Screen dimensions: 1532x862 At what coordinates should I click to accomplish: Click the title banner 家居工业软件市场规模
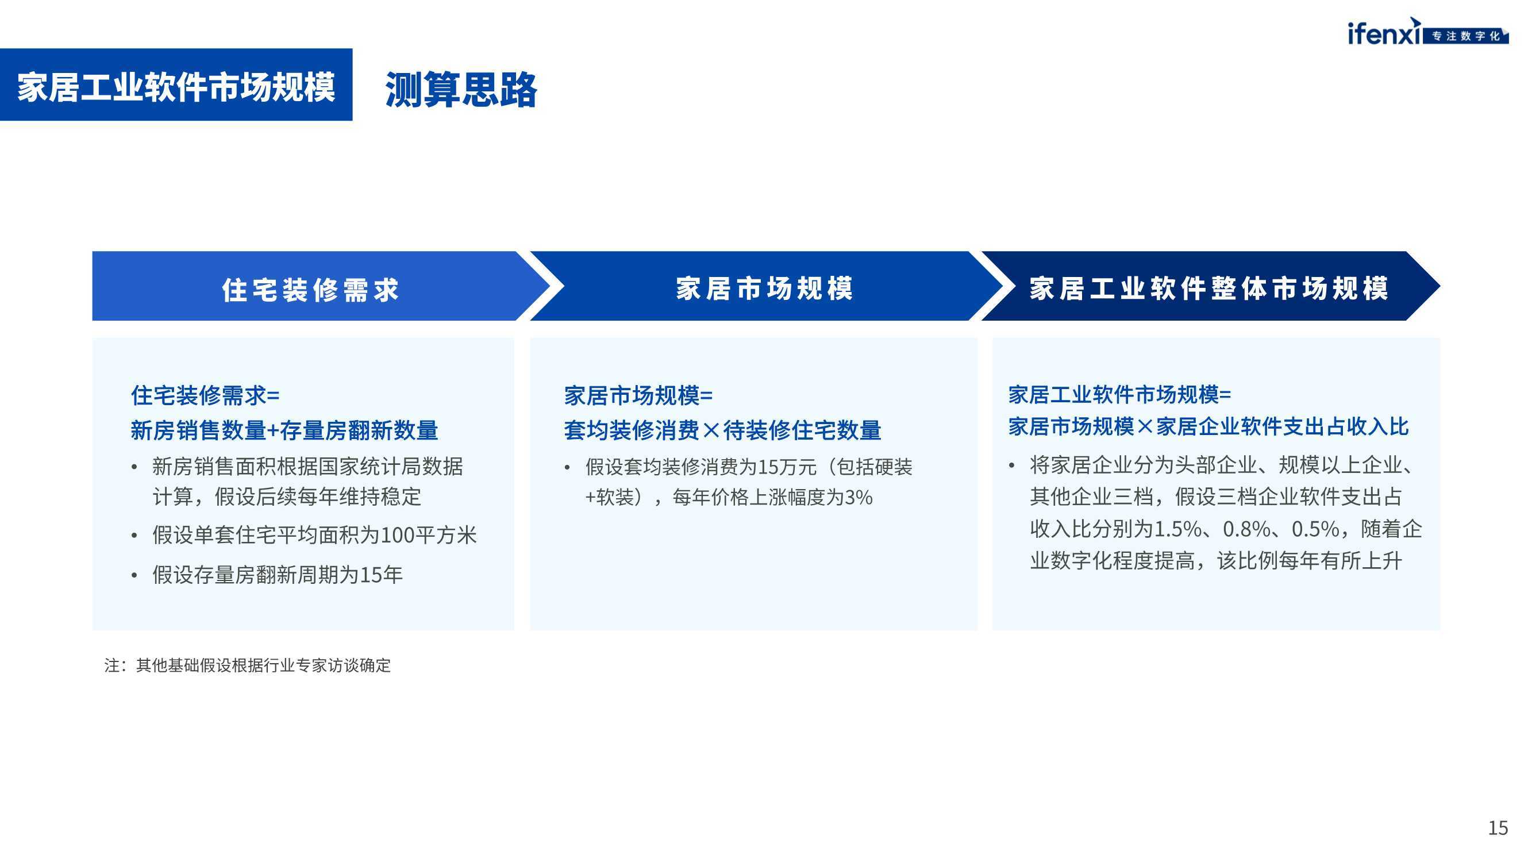click(176, 84)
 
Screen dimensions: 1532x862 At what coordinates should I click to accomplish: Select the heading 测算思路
click(461, 90)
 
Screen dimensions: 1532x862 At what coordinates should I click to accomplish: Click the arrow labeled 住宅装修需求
click(321, 286)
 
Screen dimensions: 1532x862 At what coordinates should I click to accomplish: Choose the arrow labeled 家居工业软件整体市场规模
click(1210, 286)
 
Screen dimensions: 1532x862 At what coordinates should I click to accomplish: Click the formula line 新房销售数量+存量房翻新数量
click(284, 430)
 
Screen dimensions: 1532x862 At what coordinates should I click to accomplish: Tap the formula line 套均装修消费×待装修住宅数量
click(722, 430)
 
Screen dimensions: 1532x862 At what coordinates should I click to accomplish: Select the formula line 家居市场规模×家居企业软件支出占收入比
click(1208, 426)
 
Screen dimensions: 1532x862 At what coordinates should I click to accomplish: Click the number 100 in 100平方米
click(397, 536)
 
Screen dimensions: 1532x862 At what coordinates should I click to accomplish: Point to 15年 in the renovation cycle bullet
click(381, 575)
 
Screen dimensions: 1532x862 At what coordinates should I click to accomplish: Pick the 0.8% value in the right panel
click(1247, 529)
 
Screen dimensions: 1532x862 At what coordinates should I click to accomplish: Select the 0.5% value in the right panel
click(1316, 529)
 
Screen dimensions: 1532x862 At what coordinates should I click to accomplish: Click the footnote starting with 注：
click(248, 665)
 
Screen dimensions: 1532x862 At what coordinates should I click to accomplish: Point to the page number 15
click(1498, 828)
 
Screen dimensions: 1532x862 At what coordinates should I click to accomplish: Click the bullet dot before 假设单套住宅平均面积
click(134, 536)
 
